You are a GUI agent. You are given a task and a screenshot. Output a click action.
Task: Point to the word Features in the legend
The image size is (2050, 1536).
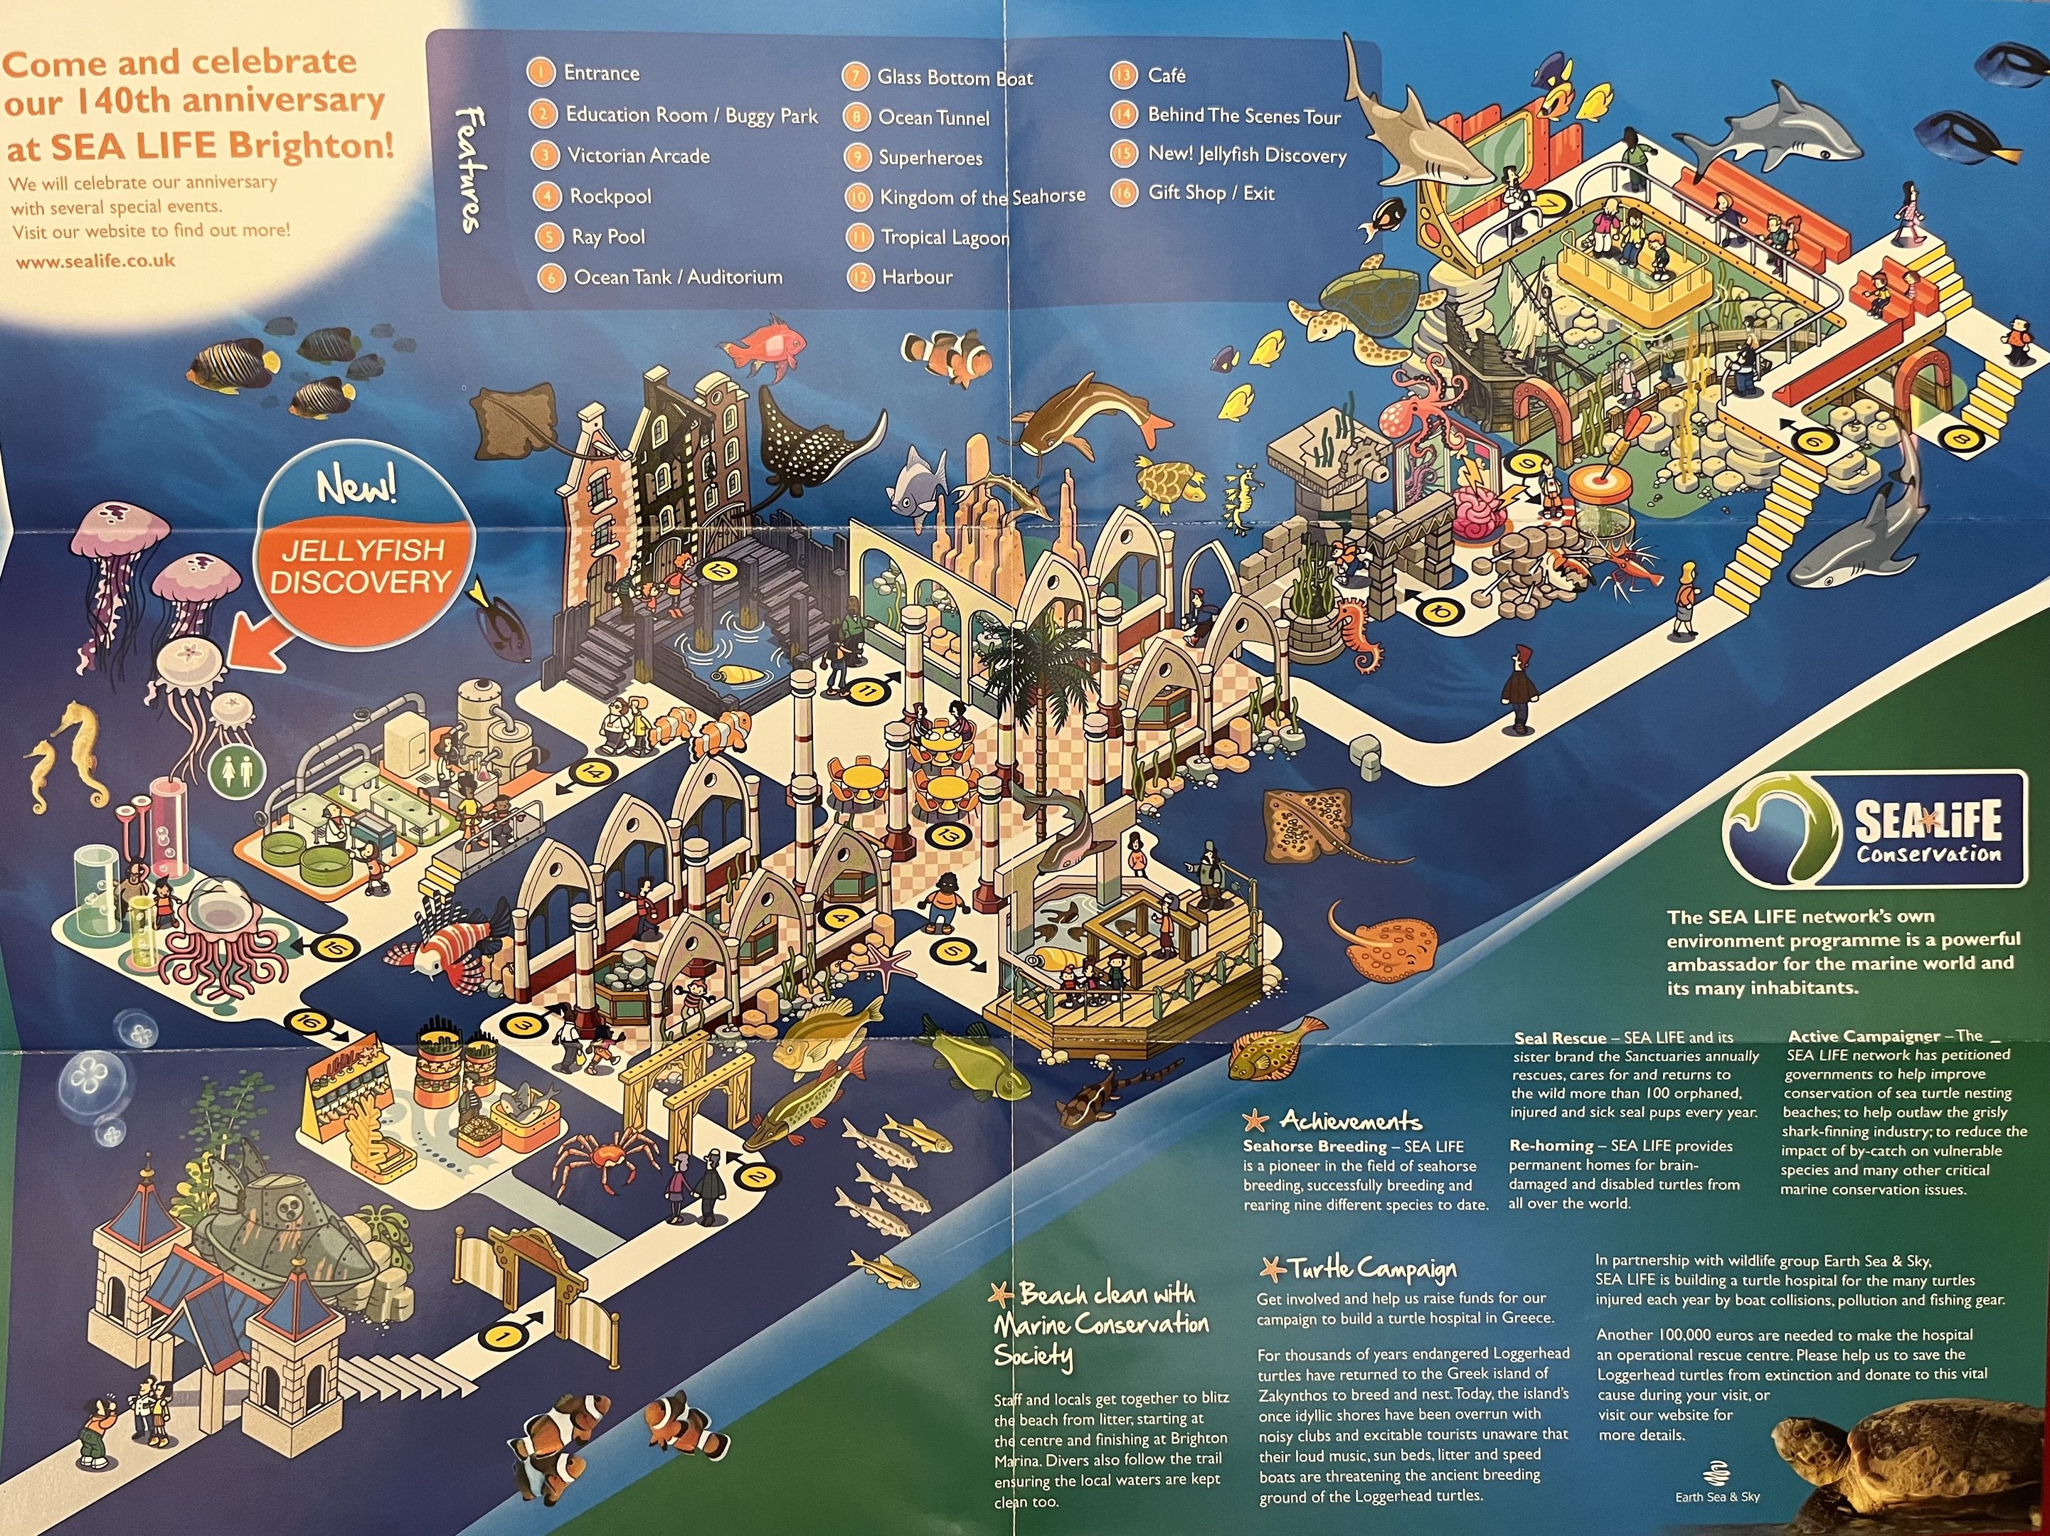click(x=471, y=169)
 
